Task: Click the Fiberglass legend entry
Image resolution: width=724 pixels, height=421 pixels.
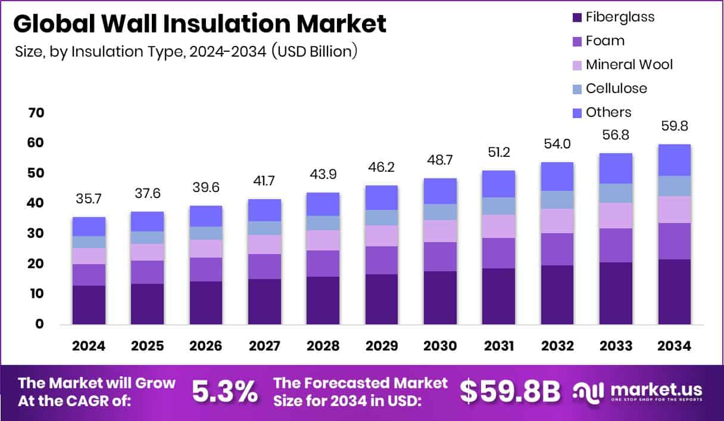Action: click(x=620, y=17)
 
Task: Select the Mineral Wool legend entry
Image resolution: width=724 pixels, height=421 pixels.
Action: click(x=629, y=64)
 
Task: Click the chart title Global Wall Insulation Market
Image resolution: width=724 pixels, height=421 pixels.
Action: click(x=200, y=24)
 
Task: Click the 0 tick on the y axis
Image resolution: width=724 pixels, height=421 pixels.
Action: click(x=39, y=324)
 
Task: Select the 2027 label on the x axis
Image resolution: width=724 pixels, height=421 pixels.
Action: click(x=264, y=346)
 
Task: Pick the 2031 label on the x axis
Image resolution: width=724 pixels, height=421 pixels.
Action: click(x=498, y=346)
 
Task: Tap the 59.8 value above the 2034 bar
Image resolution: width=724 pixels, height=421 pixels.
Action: click(x=674, y=126)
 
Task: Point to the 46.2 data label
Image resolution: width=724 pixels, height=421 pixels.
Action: click(x=382, y=170)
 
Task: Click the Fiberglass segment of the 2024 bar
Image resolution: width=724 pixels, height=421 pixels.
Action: click(x=89, y=305)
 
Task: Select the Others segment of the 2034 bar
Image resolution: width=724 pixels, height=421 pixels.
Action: click(x=674, y=160)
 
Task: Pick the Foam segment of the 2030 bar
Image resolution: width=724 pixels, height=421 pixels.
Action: click(x=440, y=256)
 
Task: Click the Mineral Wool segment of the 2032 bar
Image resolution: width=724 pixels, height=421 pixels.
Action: click(x=557, y=221)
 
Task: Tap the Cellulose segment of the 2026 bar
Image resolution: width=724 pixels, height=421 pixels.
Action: click(x=205, y=233)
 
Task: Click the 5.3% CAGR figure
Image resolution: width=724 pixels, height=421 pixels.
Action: click(x=224, y=392)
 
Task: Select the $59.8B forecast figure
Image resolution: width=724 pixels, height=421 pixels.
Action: click(x=510, y=392)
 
